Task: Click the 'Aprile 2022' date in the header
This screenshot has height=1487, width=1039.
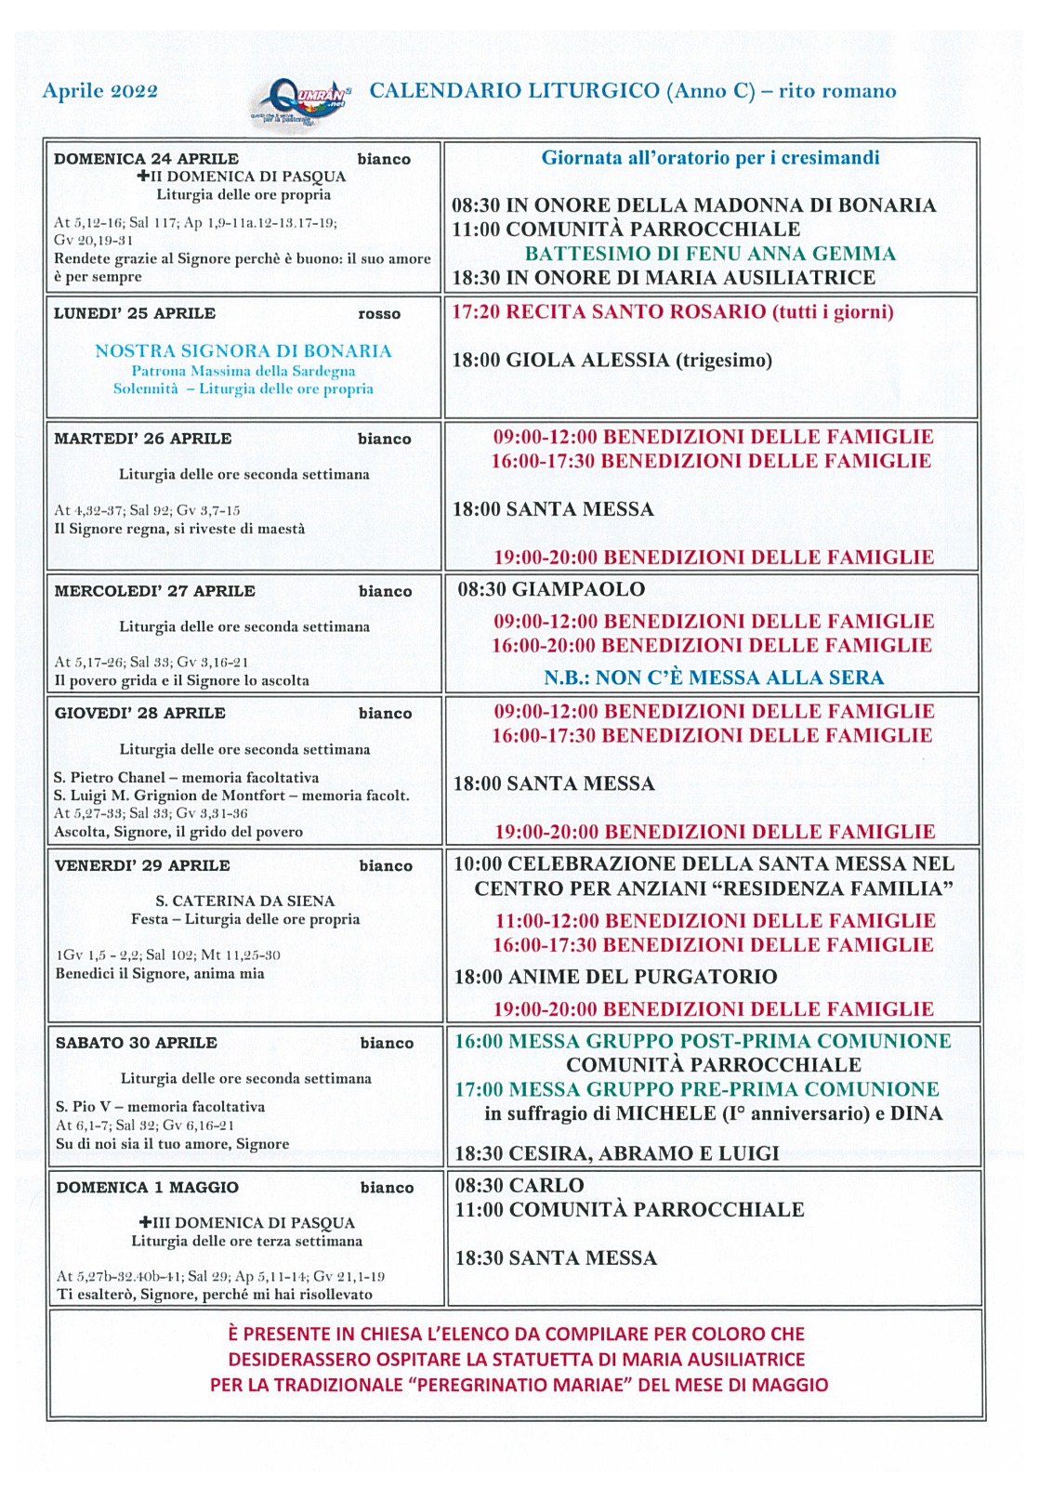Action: (100, 91)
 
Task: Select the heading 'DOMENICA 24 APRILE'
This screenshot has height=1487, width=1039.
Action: (146, 159)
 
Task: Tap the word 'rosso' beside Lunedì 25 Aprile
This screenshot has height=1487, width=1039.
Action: (379, 314)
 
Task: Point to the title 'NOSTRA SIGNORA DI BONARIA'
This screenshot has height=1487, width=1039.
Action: (243, 351)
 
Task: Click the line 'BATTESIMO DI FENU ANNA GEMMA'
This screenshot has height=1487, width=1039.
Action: (710, 254)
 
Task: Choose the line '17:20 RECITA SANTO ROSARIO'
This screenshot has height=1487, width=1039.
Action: (673, 311)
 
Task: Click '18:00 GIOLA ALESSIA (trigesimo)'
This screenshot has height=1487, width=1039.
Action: (612, 360)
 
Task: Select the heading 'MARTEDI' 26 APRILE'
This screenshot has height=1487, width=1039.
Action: (143, 439)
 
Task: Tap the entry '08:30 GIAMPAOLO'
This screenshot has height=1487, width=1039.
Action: (551, 589)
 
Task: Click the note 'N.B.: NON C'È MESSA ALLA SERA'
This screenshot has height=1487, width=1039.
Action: (714, 678)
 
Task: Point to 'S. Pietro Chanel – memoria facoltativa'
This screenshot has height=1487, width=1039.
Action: (186, 777)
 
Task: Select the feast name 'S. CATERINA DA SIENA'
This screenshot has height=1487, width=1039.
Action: (245, 901)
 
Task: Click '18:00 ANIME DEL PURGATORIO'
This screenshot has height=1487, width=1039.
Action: (615, 977)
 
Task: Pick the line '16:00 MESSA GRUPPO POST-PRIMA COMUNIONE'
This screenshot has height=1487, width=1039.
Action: (703, 1041)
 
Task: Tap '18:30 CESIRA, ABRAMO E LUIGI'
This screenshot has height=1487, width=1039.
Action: (617, 1153)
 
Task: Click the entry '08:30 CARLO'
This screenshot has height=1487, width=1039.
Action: (519, 1186)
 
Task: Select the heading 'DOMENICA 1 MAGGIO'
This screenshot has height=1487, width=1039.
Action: (148, 1188)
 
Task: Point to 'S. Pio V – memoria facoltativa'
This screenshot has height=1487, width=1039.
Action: (160, 1107)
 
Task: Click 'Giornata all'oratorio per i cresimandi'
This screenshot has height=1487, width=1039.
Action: (711, 158)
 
